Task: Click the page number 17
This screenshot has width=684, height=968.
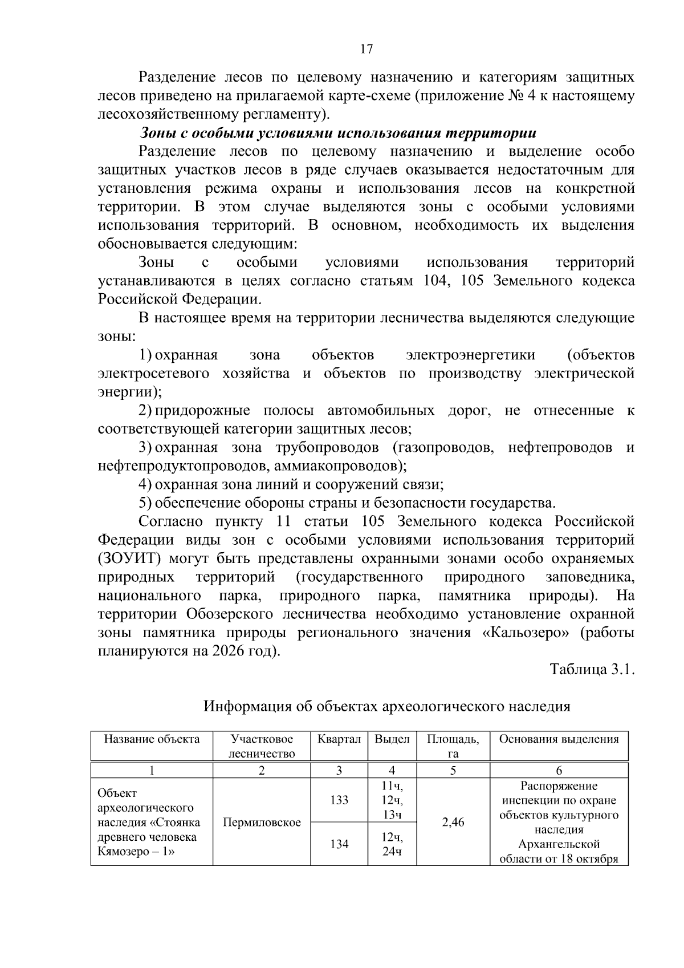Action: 366,49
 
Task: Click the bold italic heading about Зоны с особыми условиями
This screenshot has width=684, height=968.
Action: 337,133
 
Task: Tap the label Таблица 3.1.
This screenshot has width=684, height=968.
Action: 592,669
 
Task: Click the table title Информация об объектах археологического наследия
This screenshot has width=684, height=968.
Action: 387,706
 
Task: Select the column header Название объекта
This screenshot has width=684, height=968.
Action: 152,739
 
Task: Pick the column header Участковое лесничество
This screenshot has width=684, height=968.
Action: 262,746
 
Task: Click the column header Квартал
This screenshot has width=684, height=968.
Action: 339,739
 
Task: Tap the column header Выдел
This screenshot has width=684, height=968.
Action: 392,739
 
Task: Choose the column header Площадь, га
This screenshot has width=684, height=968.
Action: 453,746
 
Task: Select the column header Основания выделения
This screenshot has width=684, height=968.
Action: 559,739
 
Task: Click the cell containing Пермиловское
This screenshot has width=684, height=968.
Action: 262,822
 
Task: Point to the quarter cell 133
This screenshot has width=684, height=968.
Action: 339,800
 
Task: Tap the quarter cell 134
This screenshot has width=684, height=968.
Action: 339,844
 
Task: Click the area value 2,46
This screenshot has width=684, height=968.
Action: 453,822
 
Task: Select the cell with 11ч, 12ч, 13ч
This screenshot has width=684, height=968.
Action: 392,800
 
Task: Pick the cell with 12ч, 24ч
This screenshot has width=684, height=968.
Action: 392,844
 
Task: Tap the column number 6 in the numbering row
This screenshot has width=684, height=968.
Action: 559,770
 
